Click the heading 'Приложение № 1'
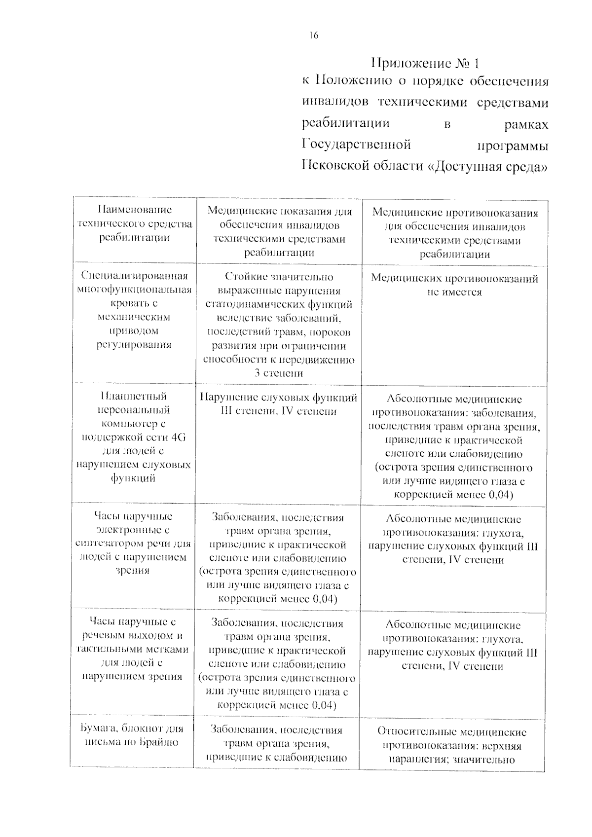tap(425, 63)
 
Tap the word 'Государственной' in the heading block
tap(356, 145)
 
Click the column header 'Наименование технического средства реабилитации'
tap(134, 223)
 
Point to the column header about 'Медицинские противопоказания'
tap(454, 233)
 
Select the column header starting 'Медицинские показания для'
tap(279, 232)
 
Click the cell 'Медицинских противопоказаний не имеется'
tap(454, 285)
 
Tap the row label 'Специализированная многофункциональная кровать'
tap(134, 310)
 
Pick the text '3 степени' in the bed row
tap(279, 373)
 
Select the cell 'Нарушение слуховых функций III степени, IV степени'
tap(279, 404)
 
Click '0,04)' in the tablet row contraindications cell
tap(501, 495)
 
